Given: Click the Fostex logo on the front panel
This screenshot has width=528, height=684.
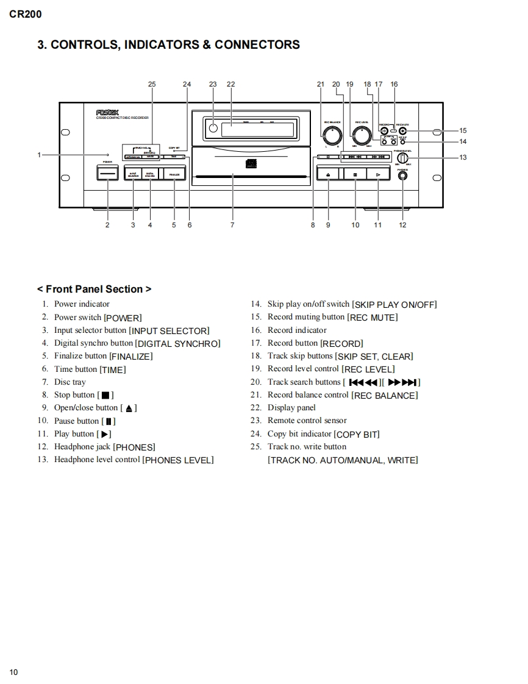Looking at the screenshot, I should [x=107, y=112].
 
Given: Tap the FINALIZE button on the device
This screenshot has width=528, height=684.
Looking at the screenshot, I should [x=174, y=174].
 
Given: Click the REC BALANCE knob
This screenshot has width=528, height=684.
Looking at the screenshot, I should [x=332, y=135].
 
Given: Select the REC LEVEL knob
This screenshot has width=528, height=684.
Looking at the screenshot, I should [x=362, y=135].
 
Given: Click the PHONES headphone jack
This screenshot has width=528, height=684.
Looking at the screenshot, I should [x=402, y=176].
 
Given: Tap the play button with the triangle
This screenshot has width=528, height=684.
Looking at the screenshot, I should [x=378, y=174].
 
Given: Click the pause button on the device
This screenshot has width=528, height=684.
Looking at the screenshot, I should [x=355, y=174].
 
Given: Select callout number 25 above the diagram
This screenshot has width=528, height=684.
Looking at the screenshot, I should [x=152, y=84].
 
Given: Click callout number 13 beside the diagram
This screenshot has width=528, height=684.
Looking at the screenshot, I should [x=463, y=157].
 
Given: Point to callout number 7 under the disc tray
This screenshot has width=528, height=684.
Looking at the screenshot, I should [x=232, y=225].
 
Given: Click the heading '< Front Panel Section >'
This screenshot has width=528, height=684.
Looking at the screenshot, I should [x=94, y=289].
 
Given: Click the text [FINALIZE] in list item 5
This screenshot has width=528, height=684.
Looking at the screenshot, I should [x=130, y=357].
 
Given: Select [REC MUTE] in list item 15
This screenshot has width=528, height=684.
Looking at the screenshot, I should [x=372, y=318].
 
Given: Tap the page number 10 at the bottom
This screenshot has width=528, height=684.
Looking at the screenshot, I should [x=13, y=672].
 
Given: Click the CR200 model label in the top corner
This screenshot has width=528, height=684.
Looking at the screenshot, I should [x=26, y=14].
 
